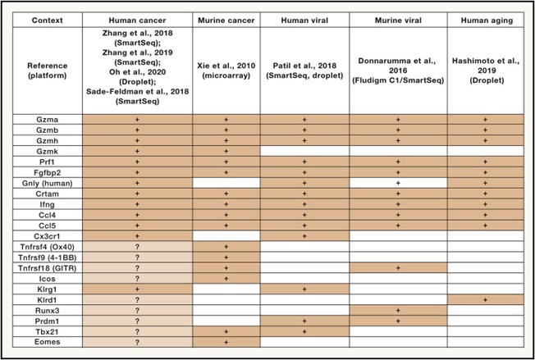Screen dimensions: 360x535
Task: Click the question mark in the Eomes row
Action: pyautogui.click(x=138, y=342)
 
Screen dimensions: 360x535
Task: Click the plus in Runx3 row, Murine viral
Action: pyautogui.click(x=398, y=310)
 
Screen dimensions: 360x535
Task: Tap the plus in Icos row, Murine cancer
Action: pyautogui.click(x=226, y=278)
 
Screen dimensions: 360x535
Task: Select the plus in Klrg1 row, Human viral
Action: pyautogui.click(x=304, y=289)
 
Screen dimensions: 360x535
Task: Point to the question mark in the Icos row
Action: pyautogui.click(x=138, y=278)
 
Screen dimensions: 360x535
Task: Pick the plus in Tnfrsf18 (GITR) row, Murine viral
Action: pyautogui.click(x=398, y=267)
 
